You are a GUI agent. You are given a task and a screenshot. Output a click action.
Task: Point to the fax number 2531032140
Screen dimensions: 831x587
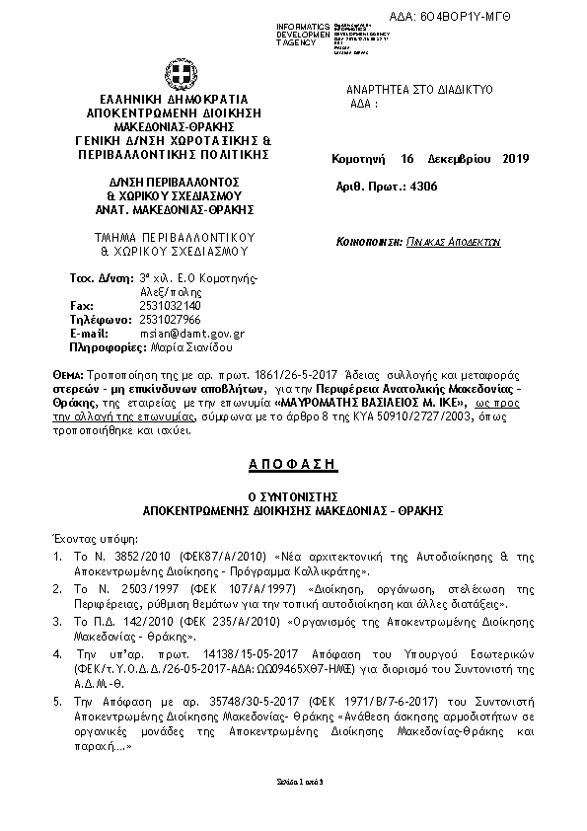click(x=170, y=306)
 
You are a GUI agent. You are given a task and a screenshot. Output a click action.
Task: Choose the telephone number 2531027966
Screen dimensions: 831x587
click(x=170, y=320)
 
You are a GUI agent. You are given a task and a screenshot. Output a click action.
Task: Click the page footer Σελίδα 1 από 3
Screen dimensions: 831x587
click(x=293, y=781)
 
